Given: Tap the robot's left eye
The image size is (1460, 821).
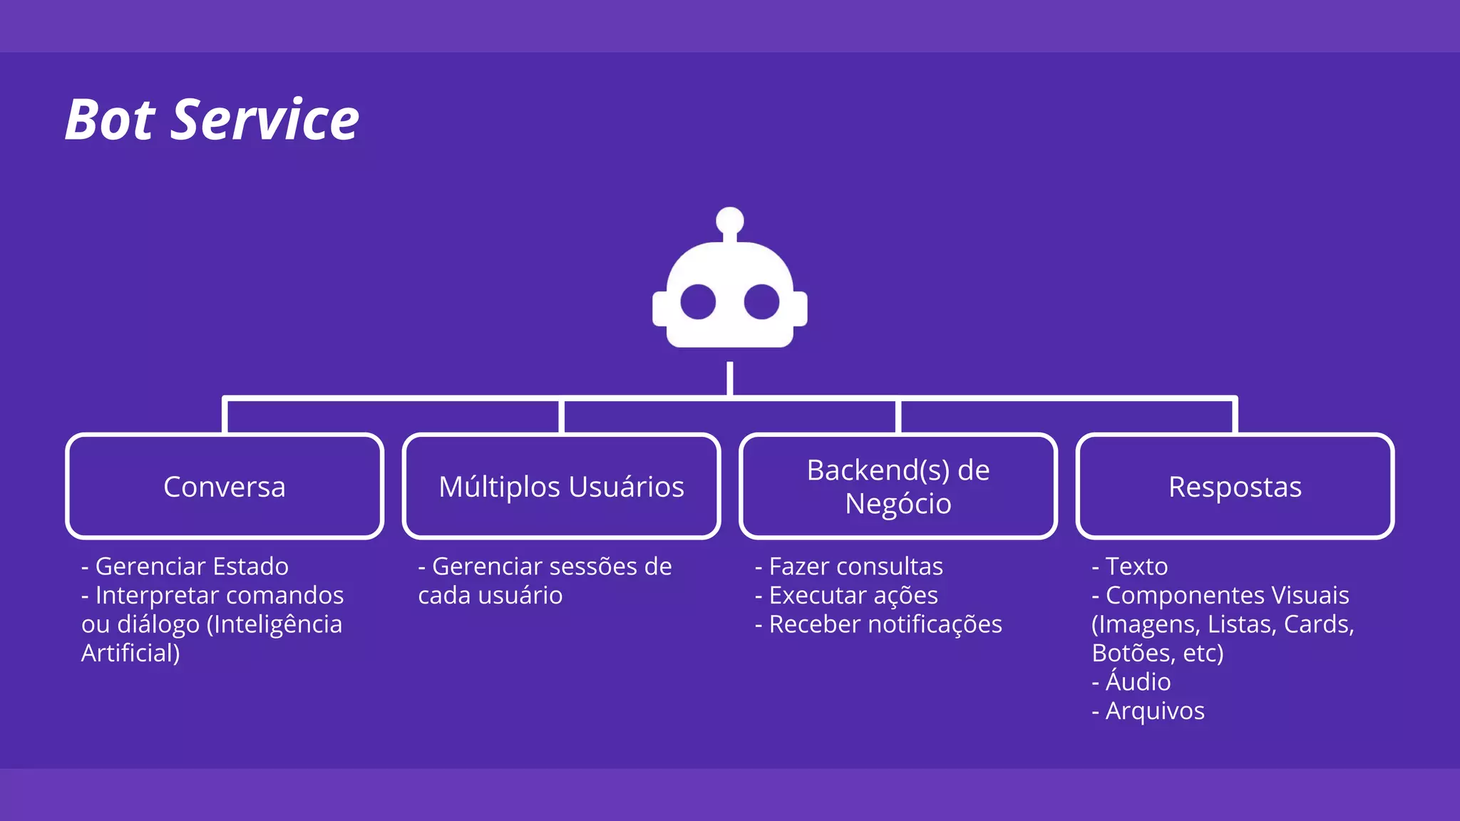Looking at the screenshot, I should [x=698, y=302].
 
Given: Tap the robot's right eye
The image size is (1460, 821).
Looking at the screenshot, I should [x=761, y=302].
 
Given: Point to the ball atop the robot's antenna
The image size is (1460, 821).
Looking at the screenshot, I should [x=730, y=220].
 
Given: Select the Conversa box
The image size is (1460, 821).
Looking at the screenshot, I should [x=225, y=487].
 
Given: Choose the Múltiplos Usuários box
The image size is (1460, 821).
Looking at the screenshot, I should [x=562, y=487].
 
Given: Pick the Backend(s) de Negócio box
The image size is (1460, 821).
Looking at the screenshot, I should [x=898, y=487].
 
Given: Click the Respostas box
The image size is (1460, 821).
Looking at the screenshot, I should [x=1235, y=487].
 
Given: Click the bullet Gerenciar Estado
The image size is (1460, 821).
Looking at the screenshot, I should [x=185, y=567].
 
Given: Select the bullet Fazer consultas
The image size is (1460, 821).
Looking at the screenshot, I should [x=850, y=567].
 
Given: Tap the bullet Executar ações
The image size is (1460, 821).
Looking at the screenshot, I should [x=847, y=595].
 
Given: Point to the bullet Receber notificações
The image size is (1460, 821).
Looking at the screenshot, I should [x=879, y=624].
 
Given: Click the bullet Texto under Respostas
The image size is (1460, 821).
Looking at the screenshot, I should [x=1131, y=567].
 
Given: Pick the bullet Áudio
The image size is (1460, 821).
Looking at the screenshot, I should [x=1132, y=682].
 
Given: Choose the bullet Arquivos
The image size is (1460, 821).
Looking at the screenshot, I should [x=1148, y=711].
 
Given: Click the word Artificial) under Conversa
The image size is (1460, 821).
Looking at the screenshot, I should [x=130, y=654].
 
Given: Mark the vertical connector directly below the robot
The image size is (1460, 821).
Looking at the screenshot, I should [x=730, y=378].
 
